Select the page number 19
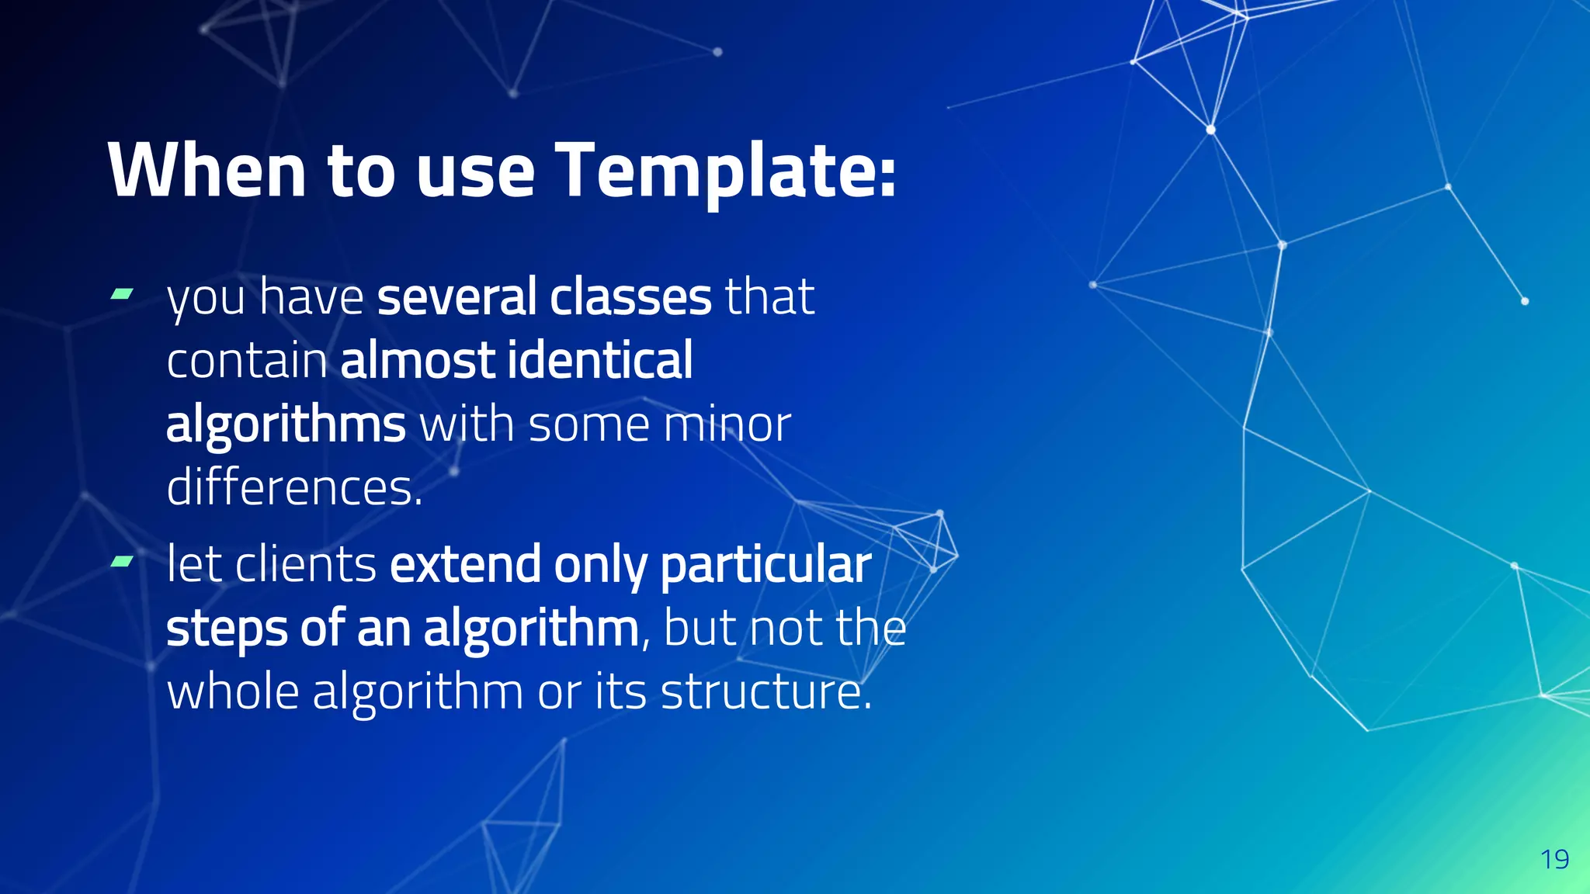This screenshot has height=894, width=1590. point(1554,860)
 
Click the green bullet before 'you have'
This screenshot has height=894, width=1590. point(122,293)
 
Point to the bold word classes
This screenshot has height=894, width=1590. point(630,296)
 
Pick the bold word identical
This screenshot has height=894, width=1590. point(599,361)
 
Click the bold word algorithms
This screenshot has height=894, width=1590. point(285,425)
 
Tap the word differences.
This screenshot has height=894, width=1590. point(294,488)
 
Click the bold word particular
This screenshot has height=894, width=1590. point(765,565)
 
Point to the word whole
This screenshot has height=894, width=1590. point(233,691)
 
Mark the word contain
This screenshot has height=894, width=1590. point(246,361)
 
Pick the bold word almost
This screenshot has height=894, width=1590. point(418,361)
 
